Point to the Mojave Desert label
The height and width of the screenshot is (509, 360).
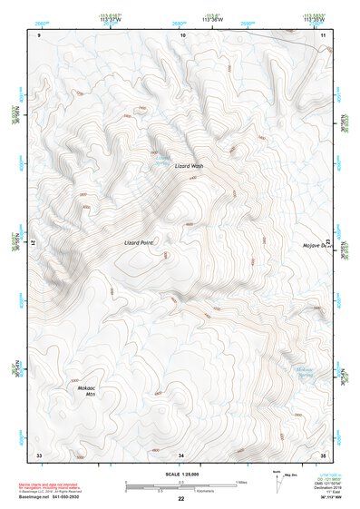[x=317, y=246]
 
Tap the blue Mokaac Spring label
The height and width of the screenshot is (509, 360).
[x=305, y=371]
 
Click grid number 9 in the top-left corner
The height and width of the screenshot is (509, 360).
[x=39, y=34]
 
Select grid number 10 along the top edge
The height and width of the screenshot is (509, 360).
[x=182, y=34]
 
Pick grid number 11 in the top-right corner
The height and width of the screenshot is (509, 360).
[x=323, y=34]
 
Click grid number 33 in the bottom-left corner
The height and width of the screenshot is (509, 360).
[x=39, y=453]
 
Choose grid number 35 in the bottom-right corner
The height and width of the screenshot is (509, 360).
[x=323, y=453]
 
